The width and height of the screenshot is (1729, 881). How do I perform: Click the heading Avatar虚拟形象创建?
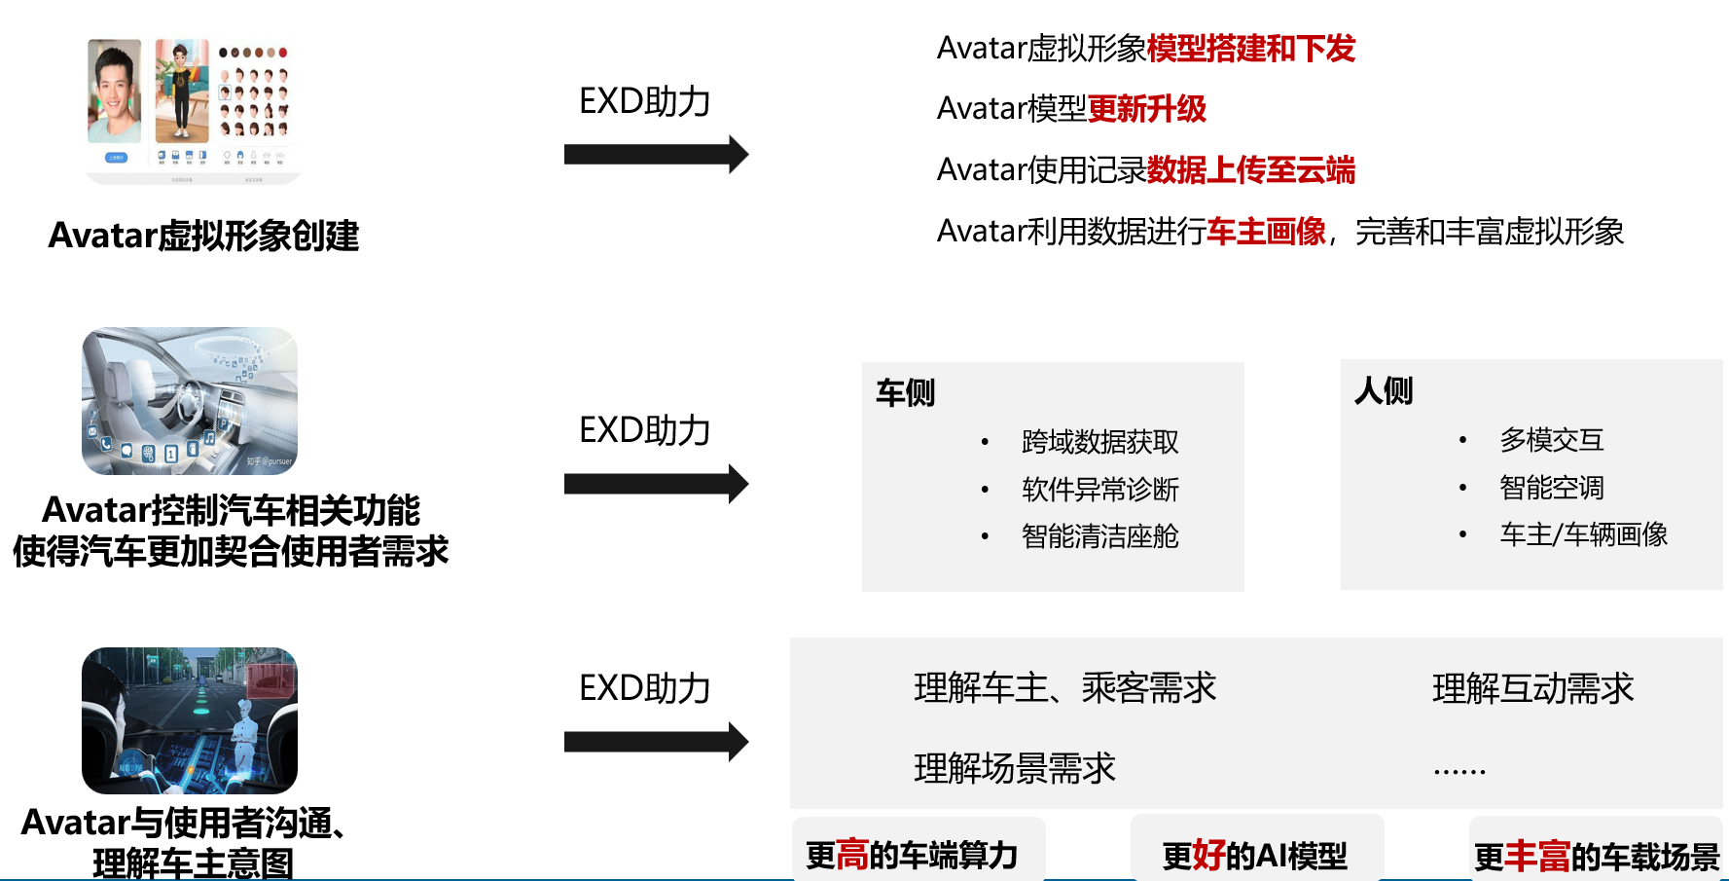click(x=203, y=236)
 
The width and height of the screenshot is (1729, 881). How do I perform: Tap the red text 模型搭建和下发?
click(x=1251, y=49)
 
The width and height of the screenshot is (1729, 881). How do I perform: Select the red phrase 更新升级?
click(x=1147, y=109)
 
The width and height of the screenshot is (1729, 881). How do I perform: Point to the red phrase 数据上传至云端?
click(x=1251, y=170)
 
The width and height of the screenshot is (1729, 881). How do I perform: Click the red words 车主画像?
click(x=1267, y=232)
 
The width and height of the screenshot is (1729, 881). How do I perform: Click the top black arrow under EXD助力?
click(x=656, y=154)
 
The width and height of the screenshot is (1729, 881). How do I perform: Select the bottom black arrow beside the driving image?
click(x=656, y=742)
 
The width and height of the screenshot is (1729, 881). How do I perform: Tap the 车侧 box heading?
click(x=905, y=392)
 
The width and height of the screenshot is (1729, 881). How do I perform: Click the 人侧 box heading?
click(x=1384, y=390)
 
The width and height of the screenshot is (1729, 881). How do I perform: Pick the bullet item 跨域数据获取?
click(x=1100, y=442)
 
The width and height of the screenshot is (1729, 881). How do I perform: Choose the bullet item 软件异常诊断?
click(x=1100, y=490)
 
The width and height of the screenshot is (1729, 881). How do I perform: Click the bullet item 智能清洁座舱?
click(x=1100, y=536)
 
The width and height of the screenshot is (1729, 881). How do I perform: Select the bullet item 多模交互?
click(x=1552, y=440)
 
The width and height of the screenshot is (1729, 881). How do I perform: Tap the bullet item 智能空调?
click(x=1552, y=488)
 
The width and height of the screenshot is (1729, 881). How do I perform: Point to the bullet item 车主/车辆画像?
click(x=1584, y=534)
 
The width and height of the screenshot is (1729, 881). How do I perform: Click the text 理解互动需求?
click(x=1533, y=688)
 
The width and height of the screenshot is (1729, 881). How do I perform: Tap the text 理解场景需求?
click(x=1015, y=768)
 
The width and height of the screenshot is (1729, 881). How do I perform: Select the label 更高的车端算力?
click(x=912, y=856)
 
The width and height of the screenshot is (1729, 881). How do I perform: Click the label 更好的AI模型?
click(x=1255, y=856)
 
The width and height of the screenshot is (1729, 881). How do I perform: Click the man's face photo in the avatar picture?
click(x=115, y=92)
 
